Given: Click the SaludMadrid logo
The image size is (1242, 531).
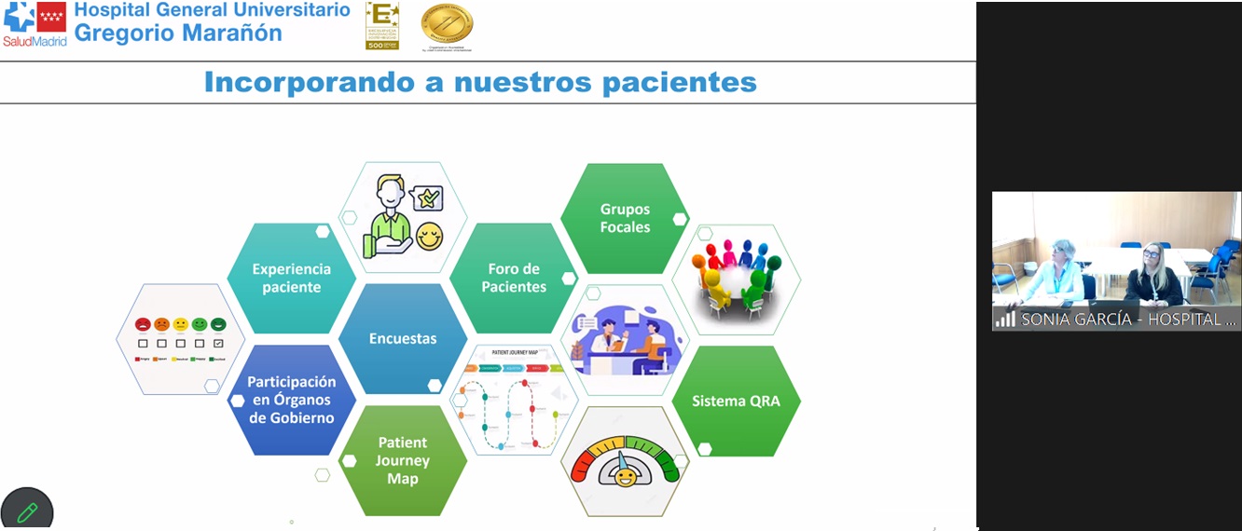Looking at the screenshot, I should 34,24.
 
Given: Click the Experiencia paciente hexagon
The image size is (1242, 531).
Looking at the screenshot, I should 291,278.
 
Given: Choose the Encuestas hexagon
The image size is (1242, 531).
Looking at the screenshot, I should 403,338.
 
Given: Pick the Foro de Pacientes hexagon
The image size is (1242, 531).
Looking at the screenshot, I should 514,278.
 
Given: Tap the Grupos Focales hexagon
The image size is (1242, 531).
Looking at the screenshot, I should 625,218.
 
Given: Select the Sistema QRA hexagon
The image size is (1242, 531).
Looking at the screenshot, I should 736,402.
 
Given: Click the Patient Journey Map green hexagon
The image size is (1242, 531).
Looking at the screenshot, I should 403,460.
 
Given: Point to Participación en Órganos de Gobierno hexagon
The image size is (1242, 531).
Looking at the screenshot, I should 291,400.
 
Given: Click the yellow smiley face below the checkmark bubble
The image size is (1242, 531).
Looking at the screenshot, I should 428,237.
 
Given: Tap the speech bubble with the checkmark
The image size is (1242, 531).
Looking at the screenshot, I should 427,197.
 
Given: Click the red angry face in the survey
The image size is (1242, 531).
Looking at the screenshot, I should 143,325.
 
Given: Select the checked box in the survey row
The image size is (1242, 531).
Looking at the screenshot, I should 218,343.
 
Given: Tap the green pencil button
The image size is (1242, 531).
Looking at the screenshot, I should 26,511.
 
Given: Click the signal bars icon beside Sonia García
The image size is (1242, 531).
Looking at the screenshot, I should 1005,319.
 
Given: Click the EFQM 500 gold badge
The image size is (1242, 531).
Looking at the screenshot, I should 381,25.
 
